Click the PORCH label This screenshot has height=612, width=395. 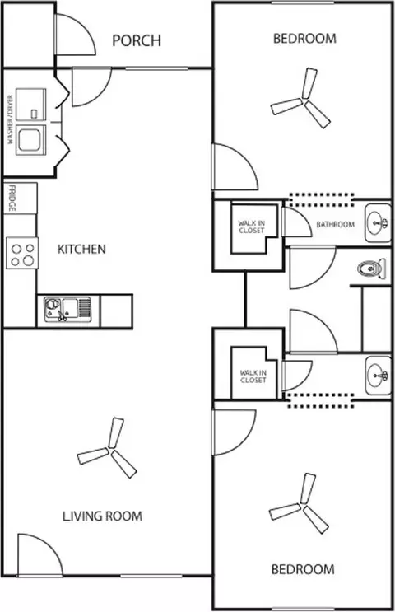click(137, 40)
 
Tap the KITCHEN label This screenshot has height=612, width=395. click(81, 249)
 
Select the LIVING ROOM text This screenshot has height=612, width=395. click(103, 516)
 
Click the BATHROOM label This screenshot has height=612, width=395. click(336, 224)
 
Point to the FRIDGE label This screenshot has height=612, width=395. click(12, 198)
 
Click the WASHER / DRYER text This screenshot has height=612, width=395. click(10, 119)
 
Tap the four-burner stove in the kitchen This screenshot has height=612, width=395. click(22, 253)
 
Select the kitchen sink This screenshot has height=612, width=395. click(67, 309)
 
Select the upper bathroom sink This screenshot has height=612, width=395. click(378, 222)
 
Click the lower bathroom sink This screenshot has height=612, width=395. click(378, 376)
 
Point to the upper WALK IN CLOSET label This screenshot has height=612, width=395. click(252, 227)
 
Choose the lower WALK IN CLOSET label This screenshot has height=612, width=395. click(253, 376)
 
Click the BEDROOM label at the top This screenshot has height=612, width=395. click(304, 39)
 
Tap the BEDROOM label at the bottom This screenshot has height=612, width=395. click(303, 569)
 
